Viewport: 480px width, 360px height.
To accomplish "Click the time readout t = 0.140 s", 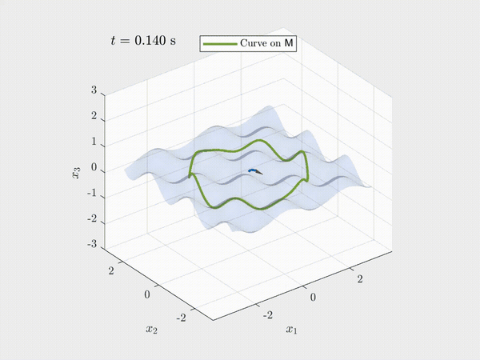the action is (x=143, y=41).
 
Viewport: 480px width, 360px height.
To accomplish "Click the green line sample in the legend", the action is (x=220, y=44).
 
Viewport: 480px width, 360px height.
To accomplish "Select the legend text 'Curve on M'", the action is (x=266, y=43).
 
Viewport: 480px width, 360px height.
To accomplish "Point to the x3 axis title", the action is (x=76, y=172).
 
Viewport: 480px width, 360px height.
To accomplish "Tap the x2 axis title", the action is (x=151, y=330).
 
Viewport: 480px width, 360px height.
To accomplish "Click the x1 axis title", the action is (x=291, y=330).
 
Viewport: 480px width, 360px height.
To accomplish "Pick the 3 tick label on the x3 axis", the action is (x=94, y=90).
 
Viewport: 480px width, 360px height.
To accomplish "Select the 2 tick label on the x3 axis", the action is (x=94, y=116).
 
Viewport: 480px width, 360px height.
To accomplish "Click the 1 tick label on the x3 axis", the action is (x=94, y=142).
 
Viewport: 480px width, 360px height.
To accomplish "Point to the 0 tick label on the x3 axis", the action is (x=94, y=167).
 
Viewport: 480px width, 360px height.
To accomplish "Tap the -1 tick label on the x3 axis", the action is (x=92, y=193).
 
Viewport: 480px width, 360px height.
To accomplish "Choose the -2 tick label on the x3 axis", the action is (x=92, y=218).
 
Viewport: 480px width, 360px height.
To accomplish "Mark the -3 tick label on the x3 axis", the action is (x=92, y=244).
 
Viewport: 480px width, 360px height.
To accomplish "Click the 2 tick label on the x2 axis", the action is (x=111, y=270).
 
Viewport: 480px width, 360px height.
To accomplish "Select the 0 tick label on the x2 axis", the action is (x=147, y=294).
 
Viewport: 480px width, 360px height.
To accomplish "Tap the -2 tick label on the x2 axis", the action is (x=182, y=318).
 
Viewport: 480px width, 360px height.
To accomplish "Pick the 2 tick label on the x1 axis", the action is (x=360, y=279).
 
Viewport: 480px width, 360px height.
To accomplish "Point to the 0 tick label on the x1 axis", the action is (x=313, y=297).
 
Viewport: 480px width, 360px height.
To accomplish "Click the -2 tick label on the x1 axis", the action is (x=268, y=314).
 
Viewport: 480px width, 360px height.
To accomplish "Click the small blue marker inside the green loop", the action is (x=253, y=170).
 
